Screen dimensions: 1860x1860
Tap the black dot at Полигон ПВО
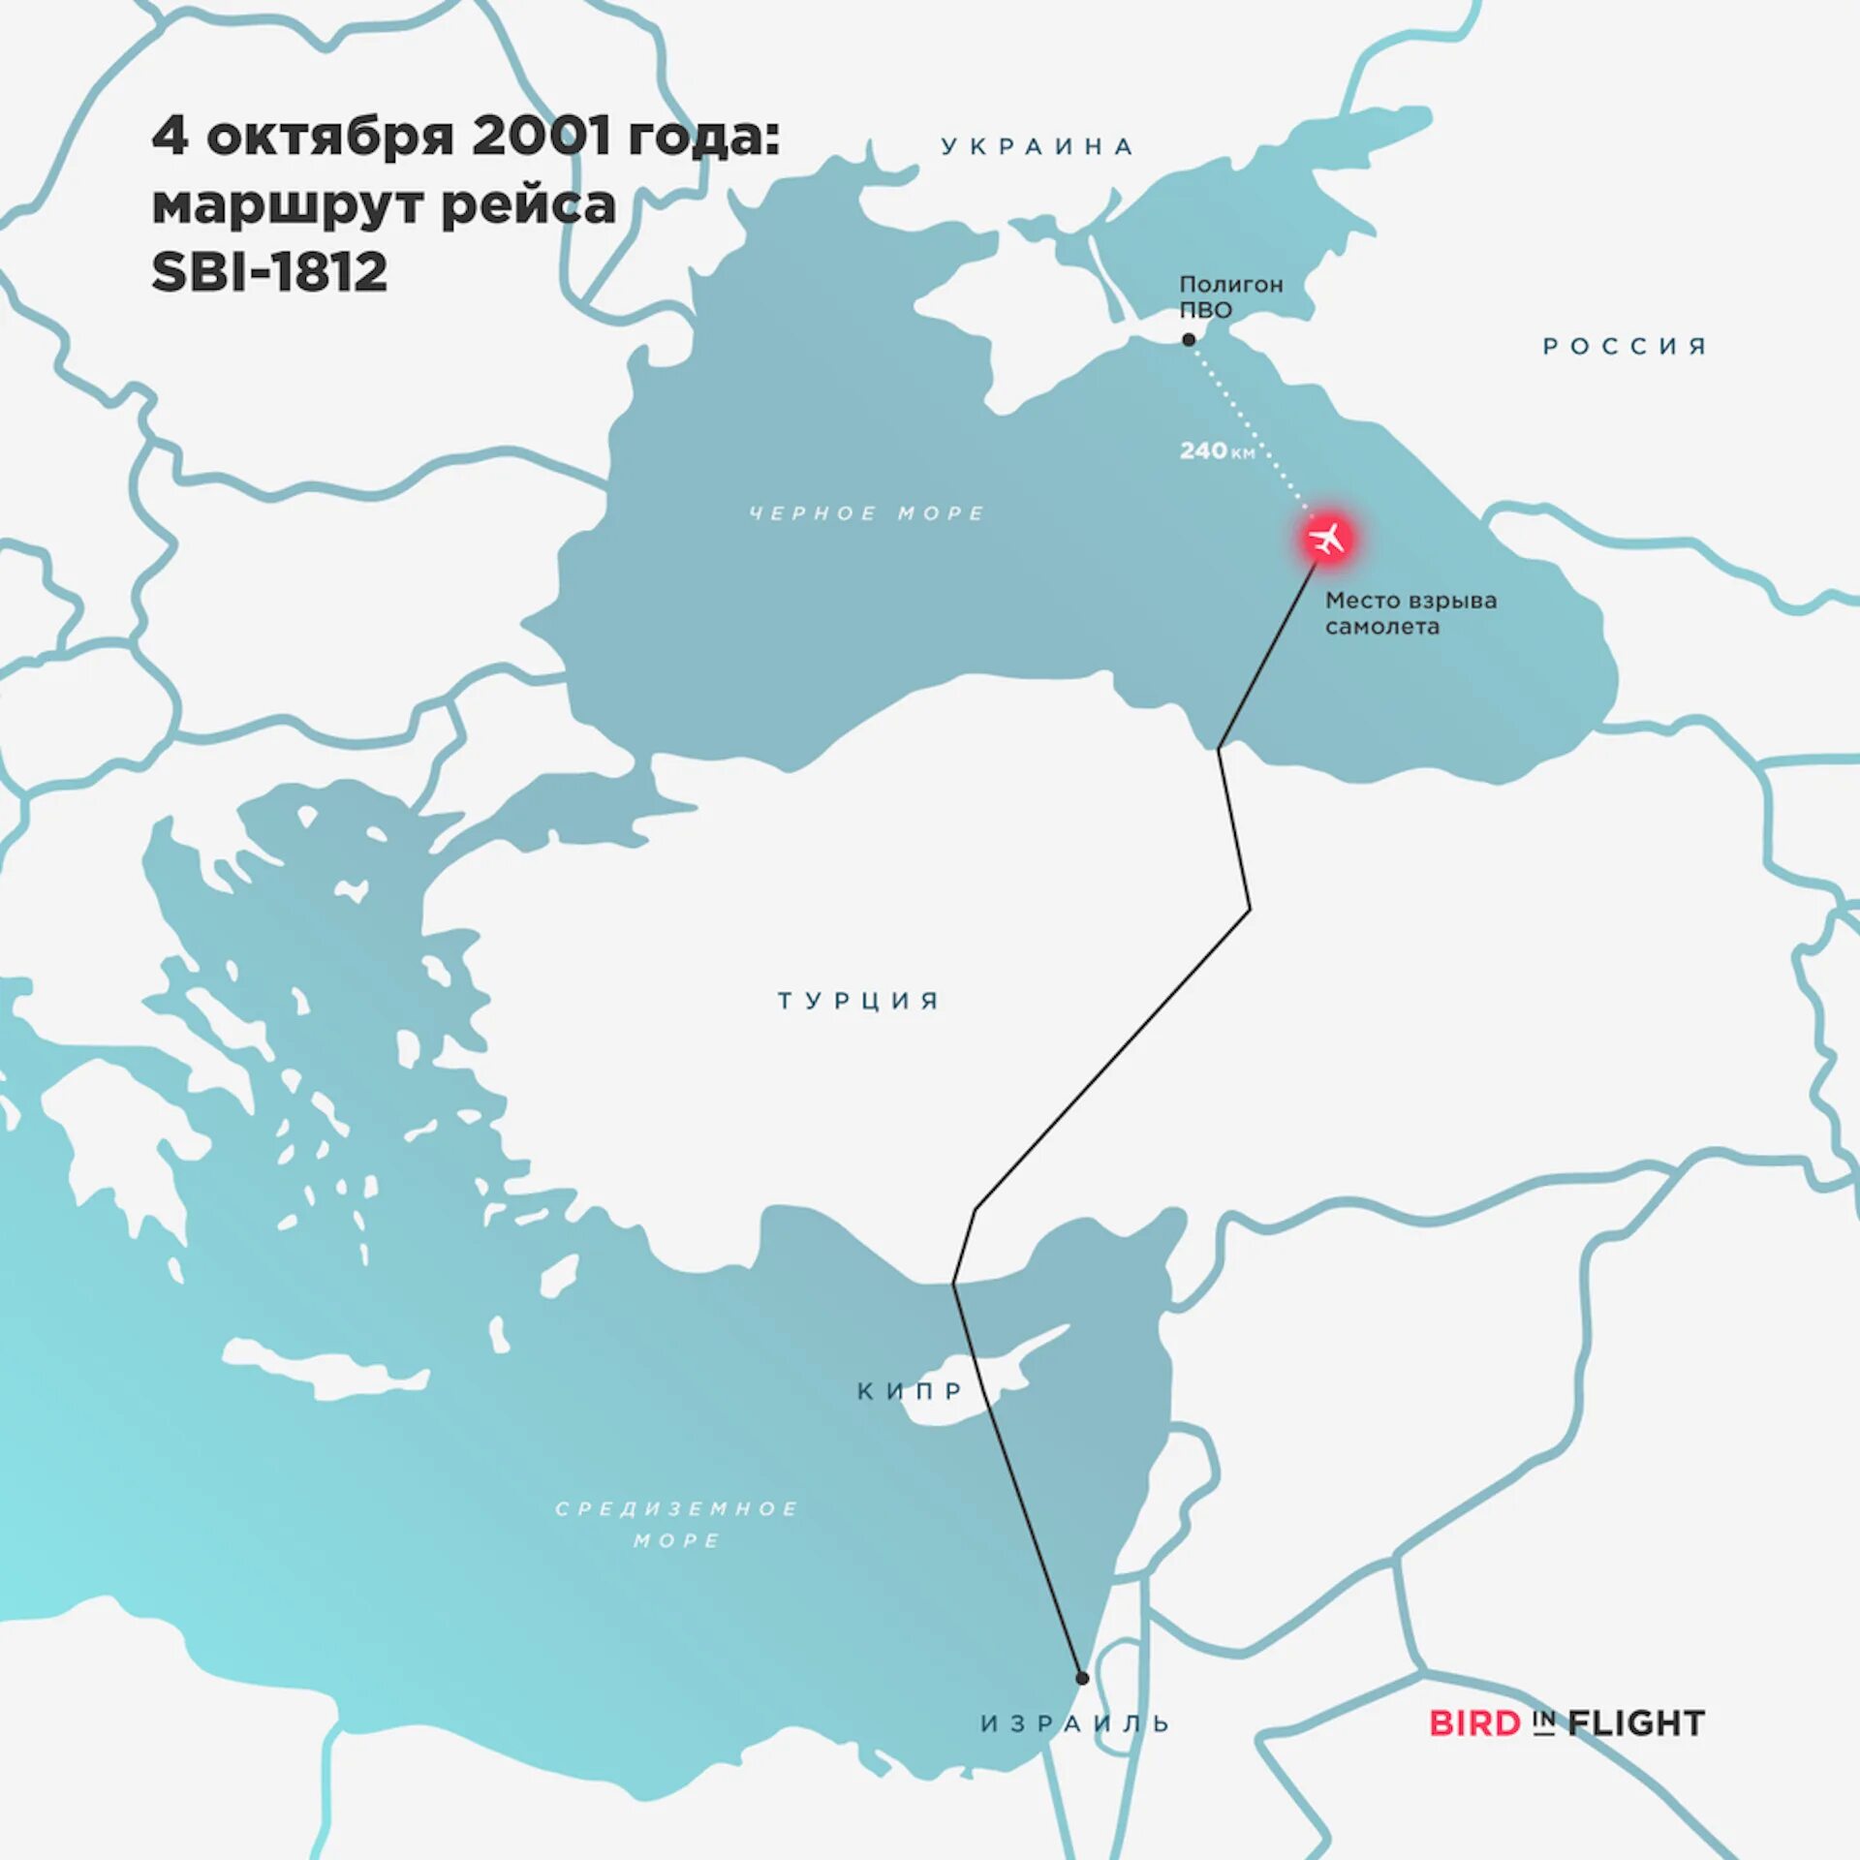coord(1189,340)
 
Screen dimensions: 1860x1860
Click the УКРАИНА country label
coord(1038,146)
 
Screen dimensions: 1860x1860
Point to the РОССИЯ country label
coord(1625,346)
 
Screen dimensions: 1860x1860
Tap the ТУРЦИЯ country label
coord(858,1000)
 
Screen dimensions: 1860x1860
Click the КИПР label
coord(911,1391)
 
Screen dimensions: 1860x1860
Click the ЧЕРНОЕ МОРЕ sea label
coord(867,512)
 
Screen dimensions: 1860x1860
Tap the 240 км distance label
coord(1217,450)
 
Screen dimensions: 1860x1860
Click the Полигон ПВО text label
coord(1230,296)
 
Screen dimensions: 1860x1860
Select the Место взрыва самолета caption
coord(1410,613)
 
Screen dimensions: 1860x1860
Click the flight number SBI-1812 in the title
coord(269,272)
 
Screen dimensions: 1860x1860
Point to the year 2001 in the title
coord(542,136)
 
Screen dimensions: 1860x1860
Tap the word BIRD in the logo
coord(1474,1723)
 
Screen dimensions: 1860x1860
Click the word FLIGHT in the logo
coord(1636,1723)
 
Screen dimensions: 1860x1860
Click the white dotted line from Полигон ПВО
coord(1250,426)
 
